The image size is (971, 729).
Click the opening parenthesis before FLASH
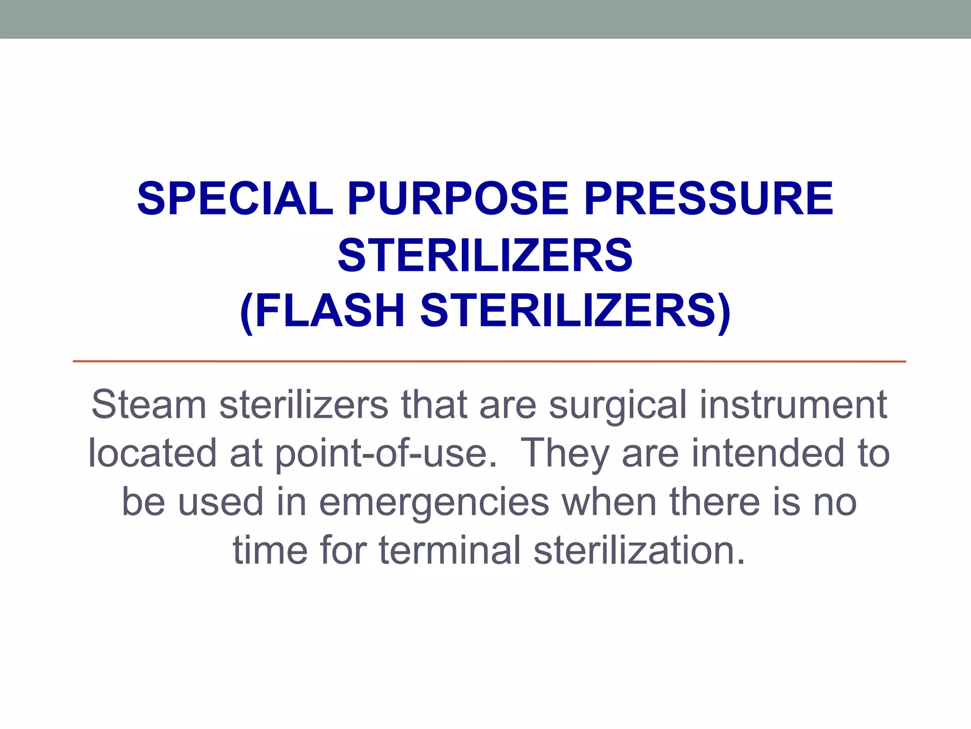[x=247, y=312]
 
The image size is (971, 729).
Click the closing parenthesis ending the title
[x=724, y=312]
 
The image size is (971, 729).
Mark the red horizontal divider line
[x=489, y=362]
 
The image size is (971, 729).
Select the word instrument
[x=793, y=405]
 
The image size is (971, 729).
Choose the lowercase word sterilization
[x=639, y=551]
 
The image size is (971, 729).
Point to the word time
[x=270, y=551]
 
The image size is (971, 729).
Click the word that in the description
[x=434, y=405]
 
